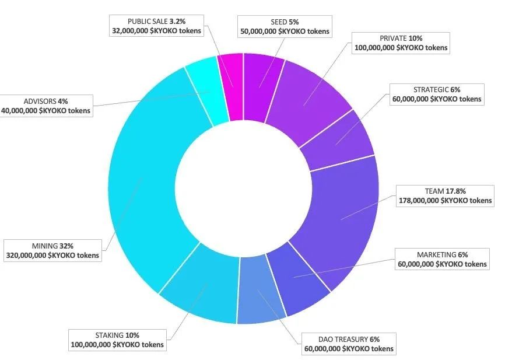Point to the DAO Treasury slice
[261, 292]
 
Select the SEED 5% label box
[284, 26]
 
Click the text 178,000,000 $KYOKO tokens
[445, 201]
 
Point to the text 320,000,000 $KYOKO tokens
[52, 255]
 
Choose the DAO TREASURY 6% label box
[349, 344]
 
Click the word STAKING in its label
[109, 335]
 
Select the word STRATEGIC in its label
[430, 90]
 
